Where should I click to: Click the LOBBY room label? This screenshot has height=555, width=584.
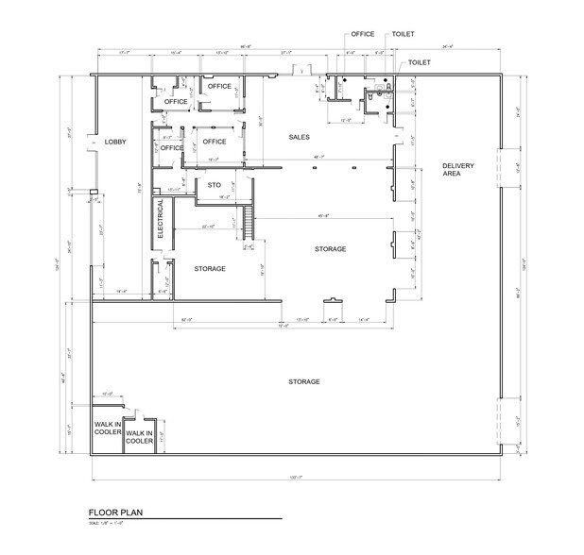pos(115,142)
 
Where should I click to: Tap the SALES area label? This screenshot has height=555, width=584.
pos(300,137)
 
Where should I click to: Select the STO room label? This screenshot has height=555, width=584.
pos(214,185)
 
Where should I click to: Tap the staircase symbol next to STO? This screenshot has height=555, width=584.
pos(249,225)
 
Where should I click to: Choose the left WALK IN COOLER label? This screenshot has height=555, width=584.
pos(107,429)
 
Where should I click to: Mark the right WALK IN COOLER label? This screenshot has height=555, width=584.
pos(139,437)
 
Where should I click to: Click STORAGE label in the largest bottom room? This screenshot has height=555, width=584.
pos(304,381)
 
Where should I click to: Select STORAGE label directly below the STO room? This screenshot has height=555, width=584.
pos(210,269)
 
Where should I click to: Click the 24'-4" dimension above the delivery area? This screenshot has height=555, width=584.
pos(446,47)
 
